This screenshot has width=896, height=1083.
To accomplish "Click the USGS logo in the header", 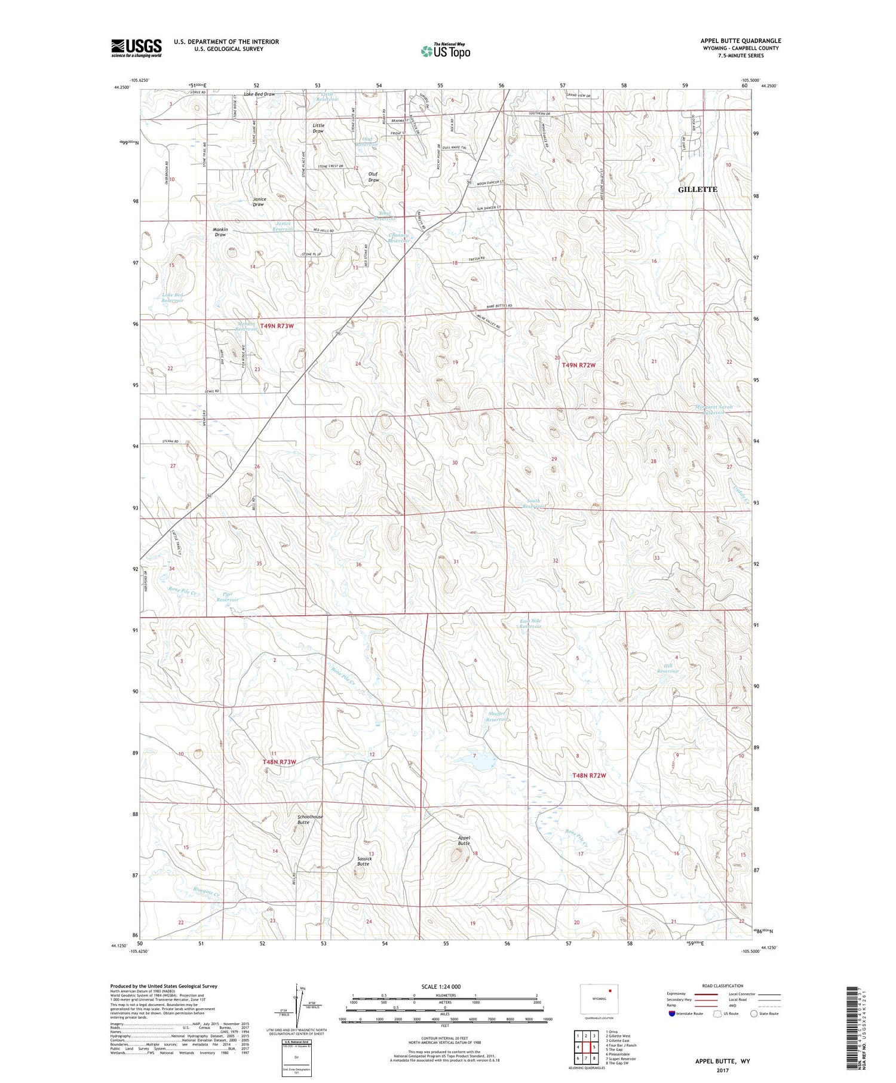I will [x=136, y=48].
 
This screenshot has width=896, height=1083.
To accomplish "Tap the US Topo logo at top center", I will [x=445, y=51].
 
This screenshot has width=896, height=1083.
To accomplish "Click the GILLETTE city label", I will [x=697, y=189].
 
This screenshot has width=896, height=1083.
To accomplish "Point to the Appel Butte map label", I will [x=464, y=840].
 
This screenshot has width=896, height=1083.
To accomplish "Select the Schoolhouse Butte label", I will [x=310, y=820].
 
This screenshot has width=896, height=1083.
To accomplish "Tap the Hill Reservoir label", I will [x=668, y=668].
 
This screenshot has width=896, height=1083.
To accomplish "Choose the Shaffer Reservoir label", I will [x=496, y=716].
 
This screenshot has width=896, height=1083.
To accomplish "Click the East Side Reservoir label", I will [x=530, y=623].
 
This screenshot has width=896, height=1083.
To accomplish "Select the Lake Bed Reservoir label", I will [x=173, y=297].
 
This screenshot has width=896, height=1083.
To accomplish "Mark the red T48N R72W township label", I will [x=589, y=775].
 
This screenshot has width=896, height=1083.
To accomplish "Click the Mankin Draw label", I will [x=220, y=232].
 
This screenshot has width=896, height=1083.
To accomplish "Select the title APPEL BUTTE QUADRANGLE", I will [x=741, y=41].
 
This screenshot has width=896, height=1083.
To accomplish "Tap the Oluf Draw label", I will [x=373, y=177].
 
